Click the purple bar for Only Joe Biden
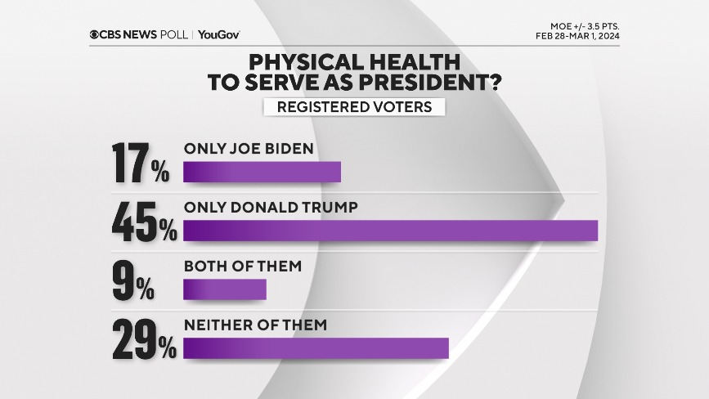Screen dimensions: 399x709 [x=262, y=172]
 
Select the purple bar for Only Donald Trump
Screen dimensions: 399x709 [x=390, y=231]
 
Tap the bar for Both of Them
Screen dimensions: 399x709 [x=225, y=289]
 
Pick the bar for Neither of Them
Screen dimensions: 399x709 [x=316, y=348]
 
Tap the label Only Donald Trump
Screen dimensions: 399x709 [x=271, y=208]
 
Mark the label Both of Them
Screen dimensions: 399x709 [x=243, y=266]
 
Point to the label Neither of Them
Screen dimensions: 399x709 [x=255, y=325]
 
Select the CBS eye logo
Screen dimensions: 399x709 [x=95, y=34]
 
